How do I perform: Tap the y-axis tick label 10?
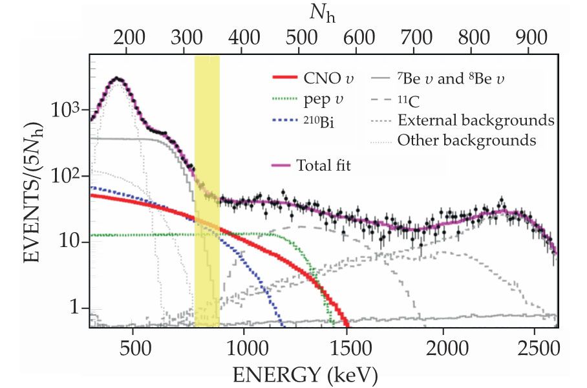(x=72, y=242)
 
